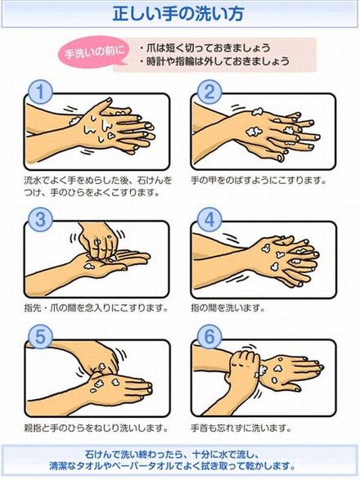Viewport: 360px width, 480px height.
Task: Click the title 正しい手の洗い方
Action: pyautogui.click(x=178, y=14)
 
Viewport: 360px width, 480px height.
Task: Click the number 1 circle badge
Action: pyautogui.click(x=40, y=92)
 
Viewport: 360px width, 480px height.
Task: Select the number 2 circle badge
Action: pyautogui.click(x=209, y=92)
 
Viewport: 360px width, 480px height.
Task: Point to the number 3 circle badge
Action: pyautogui.click(x=40, y=219)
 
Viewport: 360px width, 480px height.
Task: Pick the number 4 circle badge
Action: pyautogui.click(x=209, y=219)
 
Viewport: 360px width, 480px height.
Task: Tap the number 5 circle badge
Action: pyautogui.click(x=40, y=337)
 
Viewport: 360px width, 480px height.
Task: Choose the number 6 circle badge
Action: pyautogui.click(x=209, y=337)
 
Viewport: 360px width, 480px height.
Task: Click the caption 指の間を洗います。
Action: pyautogui.click(x=228, y=307)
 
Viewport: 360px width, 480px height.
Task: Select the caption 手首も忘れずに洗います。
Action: pyautogui.click(x=241, y=428)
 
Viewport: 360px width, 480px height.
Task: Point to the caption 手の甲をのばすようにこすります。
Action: pyautogui.click(x=259, y=180)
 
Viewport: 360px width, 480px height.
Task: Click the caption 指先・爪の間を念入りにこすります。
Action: pyautogui.click(x=97, y=307)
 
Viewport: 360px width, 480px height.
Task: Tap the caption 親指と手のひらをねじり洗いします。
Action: pyautogui.click(x=97, y=428)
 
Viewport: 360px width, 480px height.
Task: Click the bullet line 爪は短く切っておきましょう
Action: pyautogui.click(x=205, y=47)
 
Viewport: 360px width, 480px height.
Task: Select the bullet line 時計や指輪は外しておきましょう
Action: pyautogui.click(x=214, y=61)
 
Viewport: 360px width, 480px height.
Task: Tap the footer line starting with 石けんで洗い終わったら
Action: pyautogui.click(x=172, y=454)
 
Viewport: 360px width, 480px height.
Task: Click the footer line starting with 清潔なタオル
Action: pyautogui.click(x=172, y=467)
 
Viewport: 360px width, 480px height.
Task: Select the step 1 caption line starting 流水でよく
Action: pyautogui.click(x=98, y=180)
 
